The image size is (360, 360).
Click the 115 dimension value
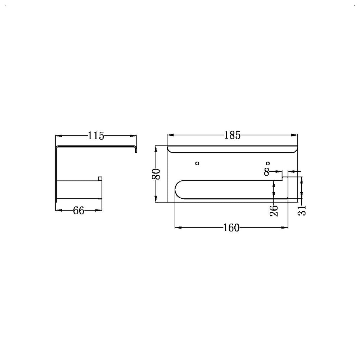(96, 136)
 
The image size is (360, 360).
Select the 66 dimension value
(78, 210)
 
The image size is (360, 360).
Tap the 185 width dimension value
(232, 135)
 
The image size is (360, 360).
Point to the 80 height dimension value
(156, 174)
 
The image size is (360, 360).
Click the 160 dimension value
(231, 228)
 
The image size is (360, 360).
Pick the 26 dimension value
(274, 211)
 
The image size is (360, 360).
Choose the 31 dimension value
(302, 210)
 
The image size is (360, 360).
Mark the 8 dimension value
(266, 171)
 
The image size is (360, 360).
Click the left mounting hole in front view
(197, 163)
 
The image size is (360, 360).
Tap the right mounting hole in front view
(267, 163)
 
